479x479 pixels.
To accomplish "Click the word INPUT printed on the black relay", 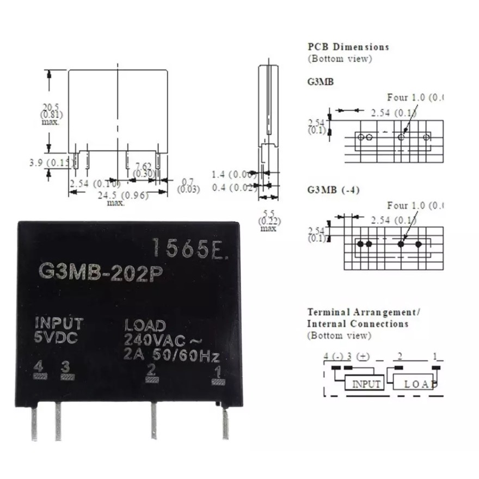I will (59, 323).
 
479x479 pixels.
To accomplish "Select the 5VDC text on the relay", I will (56, 338).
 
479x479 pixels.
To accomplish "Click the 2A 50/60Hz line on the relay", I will (171, 357).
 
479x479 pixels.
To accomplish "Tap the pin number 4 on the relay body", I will (38, 365).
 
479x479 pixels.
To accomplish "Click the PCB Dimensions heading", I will (348, 47).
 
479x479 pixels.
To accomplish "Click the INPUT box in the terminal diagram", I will (366, 384).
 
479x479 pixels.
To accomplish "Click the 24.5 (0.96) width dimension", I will (122, 195).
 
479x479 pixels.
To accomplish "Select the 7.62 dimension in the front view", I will (143, 166).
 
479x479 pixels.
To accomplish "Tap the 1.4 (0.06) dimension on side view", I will (234, 174).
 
